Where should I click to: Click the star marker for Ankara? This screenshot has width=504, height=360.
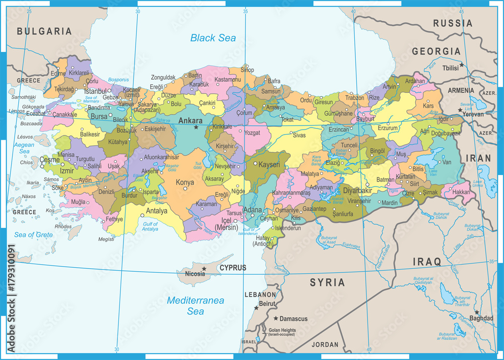click(x=196, y=127)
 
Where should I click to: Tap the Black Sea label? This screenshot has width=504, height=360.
click(x=213, y=38)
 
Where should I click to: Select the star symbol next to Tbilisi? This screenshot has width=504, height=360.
click(x=461, y=66)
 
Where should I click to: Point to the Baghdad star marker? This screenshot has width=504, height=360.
click(x=476, y=312)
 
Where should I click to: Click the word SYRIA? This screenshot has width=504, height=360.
click(x=327, y=282)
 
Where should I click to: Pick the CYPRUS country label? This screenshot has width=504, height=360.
click(x=232, y=268)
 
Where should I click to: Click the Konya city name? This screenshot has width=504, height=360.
click(x=184, y=182)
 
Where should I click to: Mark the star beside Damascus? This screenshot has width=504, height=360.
click(x=276, y=319)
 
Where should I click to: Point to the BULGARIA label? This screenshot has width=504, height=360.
click(x=44, y=31)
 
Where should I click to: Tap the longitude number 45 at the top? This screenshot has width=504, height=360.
click(x=462, y=11)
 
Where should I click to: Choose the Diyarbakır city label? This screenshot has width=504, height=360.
click(x=357, y=191)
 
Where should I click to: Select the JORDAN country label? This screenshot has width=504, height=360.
click(x=325, y=345)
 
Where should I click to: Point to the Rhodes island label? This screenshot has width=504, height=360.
click(x=63, y=226)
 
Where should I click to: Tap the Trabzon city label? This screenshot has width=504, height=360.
click(x=354, y=97)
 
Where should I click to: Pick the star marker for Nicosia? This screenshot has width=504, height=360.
click(x=204, y=269)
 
